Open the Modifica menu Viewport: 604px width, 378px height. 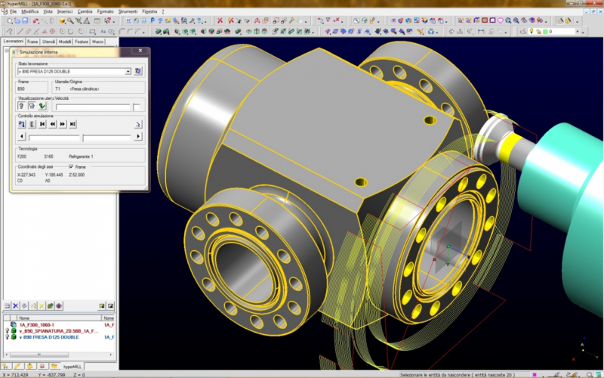[29, 12]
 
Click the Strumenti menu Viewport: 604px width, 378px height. [128, 12]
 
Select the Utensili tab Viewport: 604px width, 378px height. [48, 42]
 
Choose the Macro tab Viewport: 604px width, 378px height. [98, 42]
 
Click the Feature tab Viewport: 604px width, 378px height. [82, 42]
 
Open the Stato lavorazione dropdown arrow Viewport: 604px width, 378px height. [128, 72]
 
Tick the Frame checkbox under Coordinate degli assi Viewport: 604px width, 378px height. [71, 166]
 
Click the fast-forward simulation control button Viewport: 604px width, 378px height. [63, 123]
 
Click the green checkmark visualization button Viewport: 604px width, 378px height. [42, 106]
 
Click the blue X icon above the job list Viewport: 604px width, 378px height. [15, 305]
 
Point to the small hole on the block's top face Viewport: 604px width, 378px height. [430, 119]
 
